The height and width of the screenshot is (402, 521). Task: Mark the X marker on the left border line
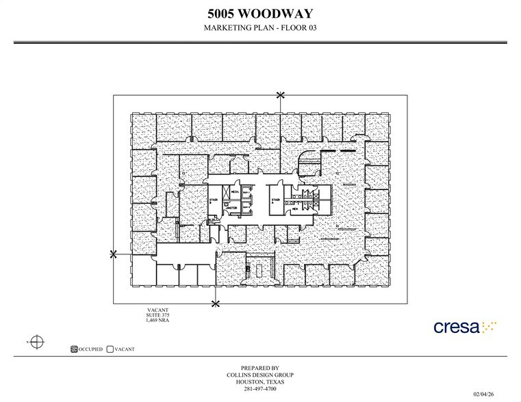pos(114,254)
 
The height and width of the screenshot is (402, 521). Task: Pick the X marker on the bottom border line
pos(216,303)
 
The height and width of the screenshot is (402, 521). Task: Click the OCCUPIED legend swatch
pos(74,349)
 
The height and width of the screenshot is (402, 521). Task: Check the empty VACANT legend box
pos(110,349)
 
